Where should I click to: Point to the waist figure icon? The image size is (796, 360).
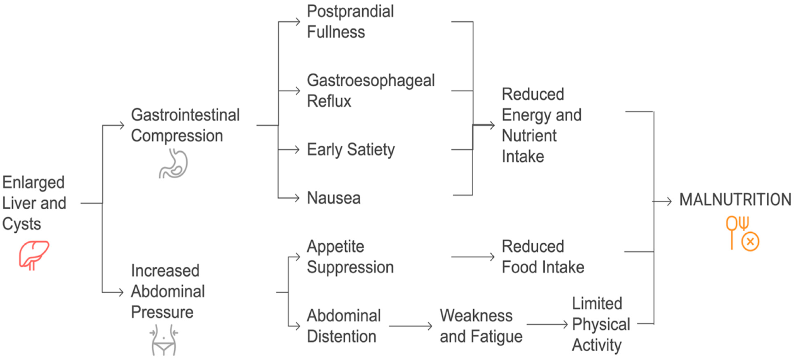coord(164,340)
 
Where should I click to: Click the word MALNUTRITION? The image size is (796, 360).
coord(735,200)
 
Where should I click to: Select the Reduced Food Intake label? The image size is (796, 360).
coord(543,256)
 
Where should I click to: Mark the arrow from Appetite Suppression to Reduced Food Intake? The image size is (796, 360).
coord(473,257)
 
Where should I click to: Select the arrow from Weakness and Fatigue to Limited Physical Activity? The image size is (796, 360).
coord(547,324)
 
